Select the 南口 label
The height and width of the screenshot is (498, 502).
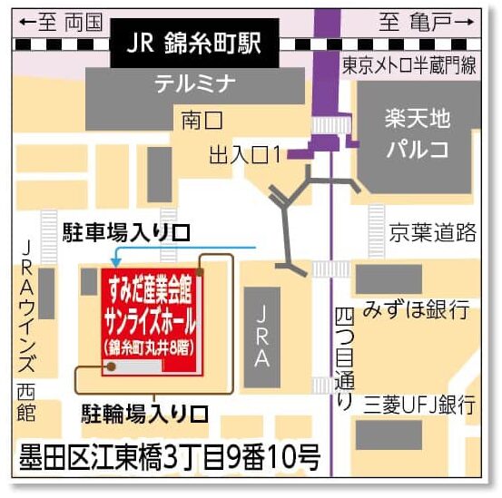tap(202, 118)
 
